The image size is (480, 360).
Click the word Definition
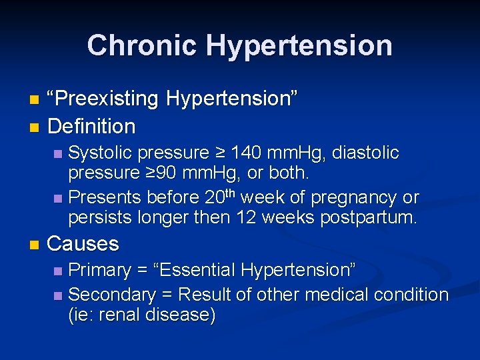pyautogui.click(x=91, y=126)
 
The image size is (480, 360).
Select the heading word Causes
pyautogui.click(x=83, y=244)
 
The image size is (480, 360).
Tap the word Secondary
pyautogui.click(x=111, y=295)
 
